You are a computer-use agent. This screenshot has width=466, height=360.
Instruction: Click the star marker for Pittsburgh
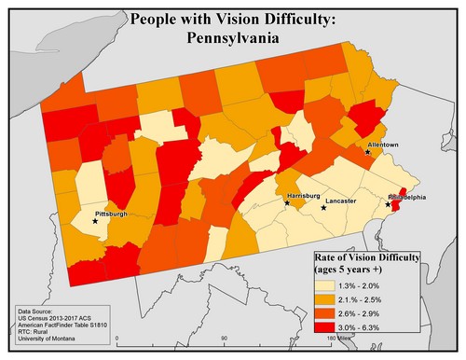point(95,222)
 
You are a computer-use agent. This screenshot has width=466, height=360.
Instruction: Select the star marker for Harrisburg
point(287,202)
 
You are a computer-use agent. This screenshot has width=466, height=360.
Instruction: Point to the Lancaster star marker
point(323,207)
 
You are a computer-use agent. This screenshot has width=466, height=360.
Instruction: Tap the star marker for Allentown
point(367,152)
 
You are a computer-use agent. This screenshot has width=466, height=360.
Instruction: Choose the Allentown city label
point(383,145)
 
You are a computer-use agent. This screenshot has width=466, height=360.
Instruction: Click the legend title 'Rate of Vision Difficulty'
point(367,256)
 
